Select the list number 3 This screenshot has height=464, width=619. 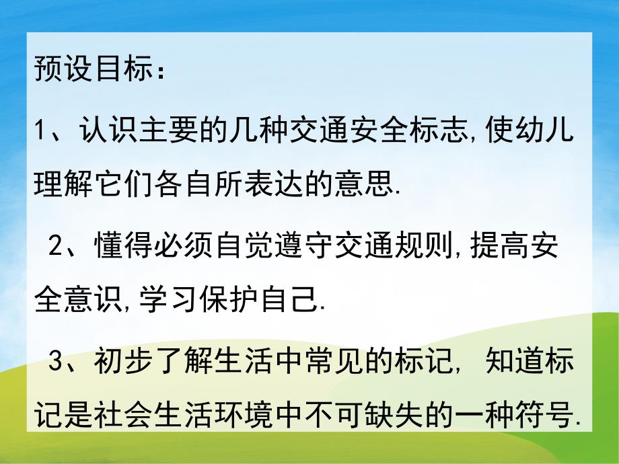(55, 364)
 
